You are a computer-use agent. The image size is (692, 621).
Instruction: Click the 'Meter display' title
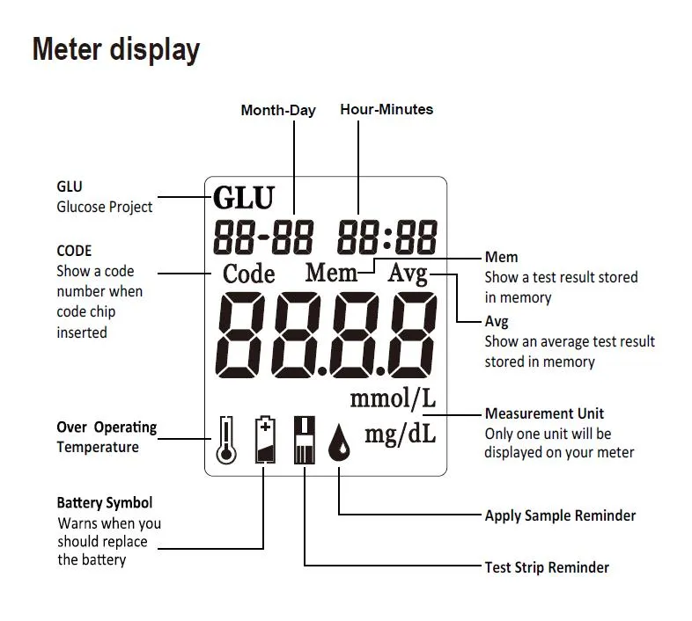coord(116,50)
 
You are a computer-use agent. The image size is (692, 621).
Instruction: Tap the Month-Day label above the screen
coord(278,110)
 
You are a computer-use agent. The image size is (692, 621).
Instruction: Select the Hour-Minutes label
coord(386,109)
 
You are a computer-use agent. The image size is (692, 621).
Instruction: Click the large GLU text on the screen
coord(244,197)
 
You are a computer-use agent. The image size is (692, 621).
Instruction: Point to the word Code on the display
coord(249,274)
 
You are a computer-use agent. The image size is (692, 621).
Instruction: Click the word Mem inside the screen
coord(331,272)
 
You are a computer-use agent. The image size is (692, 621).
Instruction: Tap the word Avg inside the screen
coord(408,274)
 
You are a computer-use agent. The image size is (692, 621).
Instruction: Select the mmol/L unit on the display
coord(393,398)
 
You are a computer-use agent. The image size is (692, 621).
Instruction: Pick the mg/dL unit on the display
coord(401,434)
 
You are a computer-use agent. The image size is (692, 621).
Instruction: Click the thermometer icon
coord(226,440)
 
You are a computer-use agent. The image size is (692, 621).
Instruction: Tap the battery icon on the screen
coord(265,439)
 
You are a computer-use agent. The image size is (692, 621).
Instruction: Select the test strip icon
coord(305,440)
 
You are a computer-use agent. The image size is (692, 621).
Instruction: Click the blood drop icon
coord(339,443)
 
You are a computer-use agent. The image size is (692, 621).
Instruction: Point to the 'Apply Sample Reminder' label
coord(560,515)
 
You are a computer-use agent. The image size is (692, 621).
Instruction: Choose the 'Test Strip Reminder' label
coord(547,567)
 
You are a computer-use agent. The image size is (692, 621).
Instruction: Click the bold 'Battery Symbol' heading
coord(105,503)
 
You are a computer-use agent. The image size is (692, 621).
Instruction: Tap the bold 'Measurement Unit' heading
coord(544,413)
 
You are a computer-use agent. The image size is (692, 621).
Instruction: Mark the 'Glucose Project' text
coord(105,207)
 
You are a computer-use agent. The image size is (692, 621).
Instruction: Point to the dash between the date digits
coord(264,237)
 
